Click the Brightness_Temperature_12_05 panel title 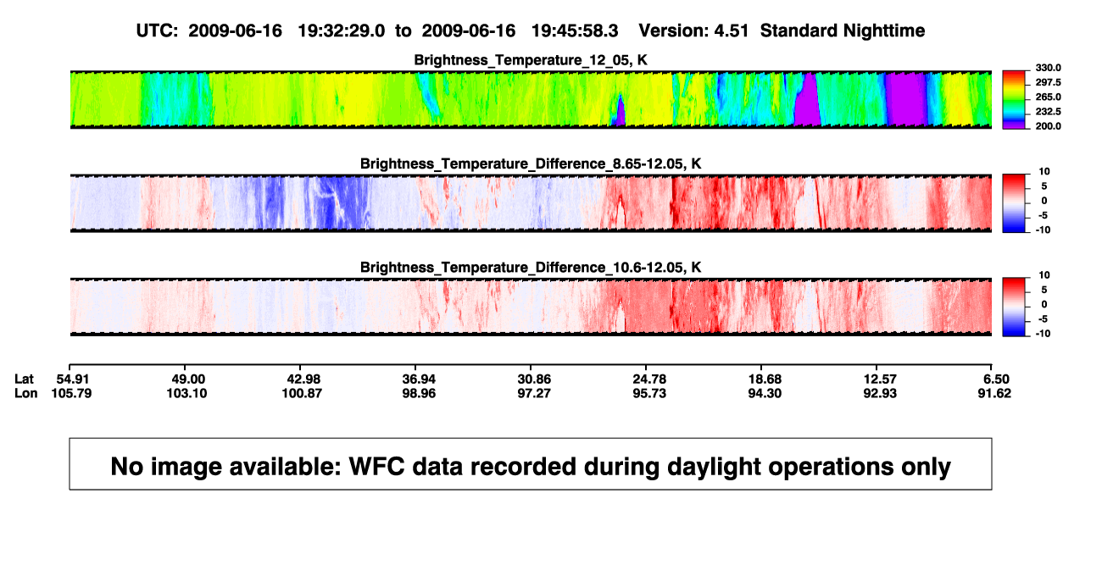[x=531, y=60]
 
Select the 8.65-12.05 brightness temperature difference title [x=531, y=163]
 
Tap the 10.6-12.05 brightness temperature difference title [x=531, y=268]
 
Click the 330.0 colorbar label [x=1048, y=68]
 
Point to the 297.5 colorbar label [x=1048, y=82]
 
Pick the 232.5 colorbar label [x=1048, y=112]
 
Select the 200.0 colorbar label [x=1048, y=126]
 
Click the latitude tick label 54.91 [x=72, y=379]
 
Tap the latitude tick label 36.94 [x=419, y=379]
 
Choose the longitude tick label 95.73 [x=649, y=393]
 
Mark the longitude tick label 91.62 [x=994, y=393]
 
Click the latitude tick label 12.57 [x=880, y=379]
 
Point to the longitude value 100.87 [x=302, y=393]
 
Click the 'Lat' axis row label [x=24, y=379]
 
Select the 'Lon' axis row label [x=26, y=393]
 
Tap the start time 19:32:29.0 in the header [x=342, y=31]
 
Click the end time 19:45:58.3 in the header [x=575, y=31]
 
